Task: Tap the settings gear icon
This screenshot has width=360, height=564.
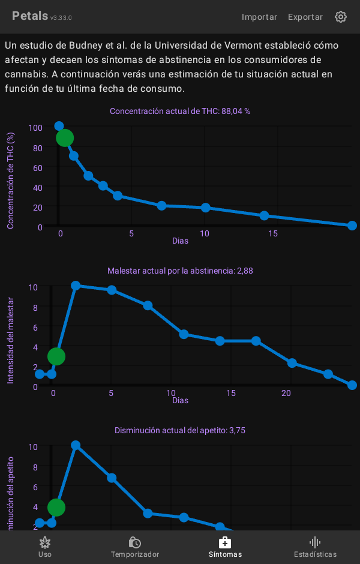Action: (341, 17)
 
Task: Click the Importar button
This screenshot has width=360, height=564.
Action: (259, 17)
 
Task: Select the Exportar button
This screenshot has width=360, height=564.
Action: (305, 17)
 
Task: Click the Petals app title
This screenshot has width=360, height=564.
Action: (30, 16)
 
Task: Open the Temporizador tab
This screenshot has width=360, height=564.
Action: (135, 547)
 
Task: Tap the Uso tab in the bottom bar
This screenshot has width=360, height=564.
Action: (45, 547)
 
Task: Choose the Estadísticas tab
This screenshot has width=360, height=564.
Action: (315, 547)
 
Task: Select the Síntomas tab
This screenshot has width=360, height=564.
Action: (225, 547)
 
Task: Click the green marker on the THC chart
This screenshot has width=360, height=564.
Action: (65, 138)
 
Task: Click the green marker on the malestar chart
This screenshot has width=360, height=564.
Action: (56, 356)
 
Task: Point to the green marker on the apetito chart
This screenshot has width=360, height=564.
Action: (56, 508)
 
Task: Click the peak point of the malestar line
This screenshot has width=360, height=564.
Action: (76, 286)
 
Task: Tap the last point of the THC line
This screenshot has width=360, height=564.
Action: (352, 226)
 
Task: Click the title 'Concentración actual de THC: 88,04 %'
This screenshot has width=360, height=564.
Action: (180, 111)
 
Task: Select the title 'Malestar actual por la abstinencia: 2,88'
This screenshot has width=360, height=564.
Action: (180, 271)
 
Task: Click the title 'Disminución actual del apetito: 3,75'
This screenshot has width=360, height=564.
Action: (180, 430)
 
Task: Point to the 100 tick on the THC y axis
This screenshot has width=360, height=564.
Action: (35, 128)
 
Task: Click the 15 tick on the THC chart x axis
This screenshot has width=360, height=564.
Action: (273, 233)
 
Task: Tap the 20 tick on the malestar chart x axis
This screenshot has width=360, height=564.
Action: (286, 393)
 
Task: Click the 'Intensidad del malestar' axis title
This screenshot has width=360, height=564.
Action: (10, 340)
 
